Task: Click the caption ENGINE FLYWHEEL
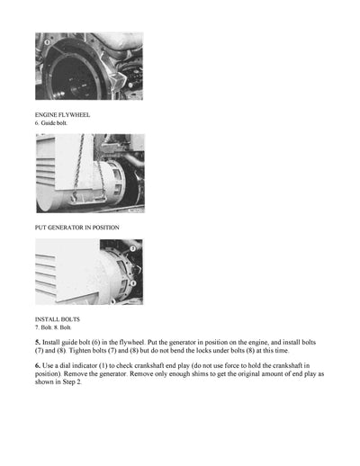(62, 115)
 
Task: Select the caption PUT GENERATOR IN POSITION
(76, 227)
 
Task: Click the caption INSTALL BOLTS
(57, 319)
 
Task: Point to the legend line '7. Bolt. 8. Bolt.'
(58, 327)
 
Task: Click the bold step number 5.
(38, 344)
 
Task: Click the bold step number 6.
(38, 367)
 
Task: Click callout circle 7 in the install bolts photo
(132, 246)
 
